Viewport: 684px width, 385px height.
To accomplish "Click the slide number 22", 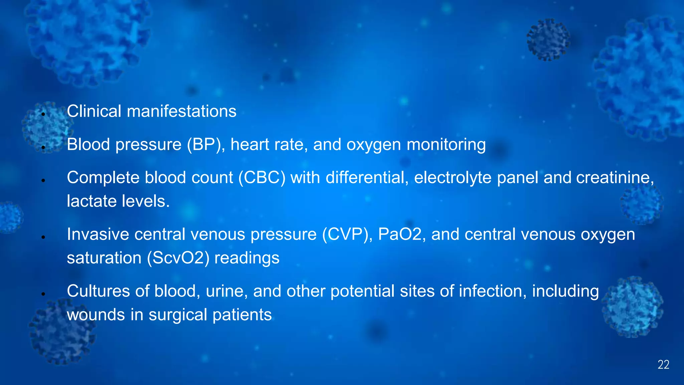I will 663,365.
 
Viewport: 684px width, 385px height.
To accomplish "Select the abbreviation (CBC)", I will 262,177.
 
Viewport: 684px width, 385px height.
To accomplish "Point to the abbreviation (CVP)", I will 347,234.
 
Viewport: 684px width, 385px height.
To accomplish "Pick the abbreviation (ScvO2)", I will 178,258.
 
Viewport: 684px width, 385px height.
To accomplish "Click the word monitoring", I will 446,145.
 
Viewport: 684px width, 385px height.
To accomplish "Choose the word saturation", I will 104,258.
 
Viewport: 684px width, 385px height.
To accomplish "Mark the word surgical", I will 178,315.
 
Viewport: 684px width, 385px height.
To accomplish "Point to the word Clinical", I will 94,111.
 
